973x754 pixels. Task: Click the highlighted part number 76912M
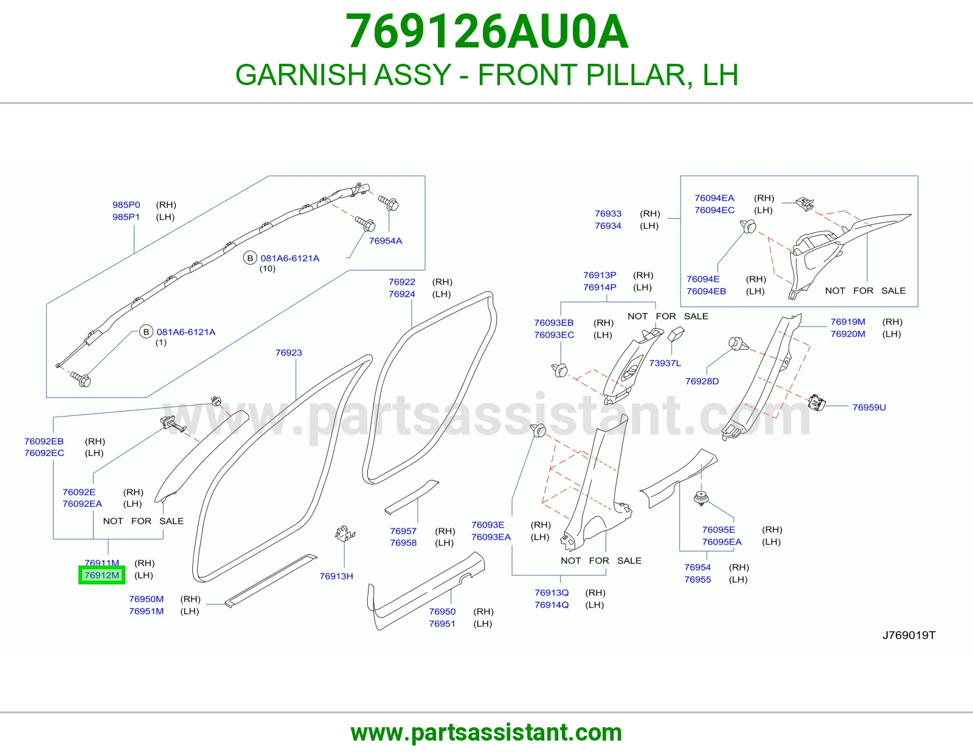(102, 575)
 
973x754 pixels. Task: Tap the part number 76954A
(386, 241)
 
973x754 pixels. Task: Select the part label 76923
(289, 353)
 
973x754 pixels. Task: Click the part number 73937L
(665, 363)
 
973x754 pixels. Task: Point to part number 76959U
(869, 407)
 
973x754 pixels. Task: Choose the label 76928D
(702, 381)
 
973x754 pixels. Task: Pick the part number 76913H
(336, 576)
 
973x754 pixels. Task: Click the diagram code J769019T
(909, 635)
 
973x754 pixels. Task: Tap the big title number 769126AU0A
(486, 32)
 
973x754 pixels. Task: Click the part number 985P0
(126, 205)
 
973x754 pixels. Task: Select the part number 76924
(401, 294)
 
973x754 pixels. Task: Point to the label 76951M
(147, 611)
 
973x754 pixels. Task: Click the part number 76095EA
(722, 542)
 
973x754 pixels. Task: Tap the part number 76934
(608, 226)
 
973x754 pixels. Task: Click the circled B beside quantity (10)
(250, 258)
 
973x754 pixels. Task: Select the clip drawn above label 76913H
(344, 533)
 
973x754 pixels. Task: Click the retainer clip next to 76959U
(816, 403)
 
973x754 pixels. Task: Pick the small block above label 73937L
(676, 334)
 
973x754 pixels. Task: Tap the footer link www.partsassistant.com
(486, 733)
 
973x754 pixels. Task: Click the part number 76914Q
(552, 605)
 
